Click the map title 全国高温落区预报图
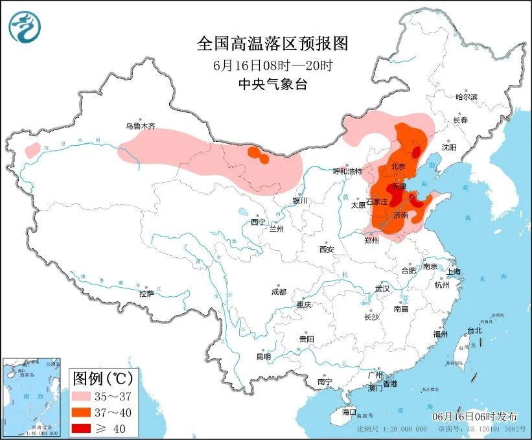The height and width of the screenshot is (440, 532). (x=272, y=43)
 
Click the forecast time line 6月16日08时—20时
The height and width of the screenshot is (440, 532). (x=272, y=65)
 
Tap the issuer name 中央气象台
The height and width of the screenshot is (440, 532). (x=272, y=84)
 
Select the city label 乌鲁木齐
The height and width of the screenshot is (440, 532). (x=141, y=126)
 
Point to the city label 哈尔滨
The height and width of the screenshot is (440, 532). (x=465, y=97)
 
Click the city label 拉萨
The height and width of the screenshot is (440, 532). (x=146, y=294)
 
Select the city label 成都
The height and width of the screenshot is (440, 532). (x=279, y=292)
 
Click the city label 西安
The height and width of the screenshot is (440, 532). (x=326, y=249)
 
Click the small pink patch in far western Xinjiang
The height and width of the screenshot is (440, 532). (x=30, y=150)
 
